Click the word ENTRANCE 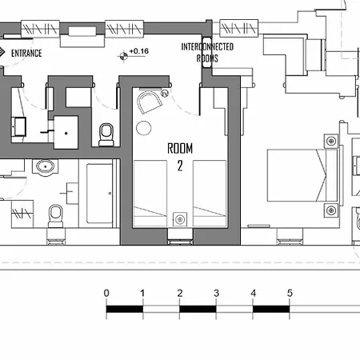(26, 54)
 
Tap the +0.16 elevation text (139, 51)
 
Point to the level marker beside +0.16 (123, 56)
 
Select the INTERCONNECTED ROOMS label (207, 53)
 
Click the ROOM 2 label (180, 157)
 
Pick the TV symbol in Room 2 (165, 94)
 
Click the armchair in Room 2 (149, 102)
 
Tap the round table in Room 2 (144, 128)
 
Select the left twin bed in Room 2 (150, 193)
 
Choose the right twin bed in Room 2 (210, 193)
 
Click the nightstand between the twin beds (180, 219)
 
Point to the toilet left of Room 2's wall (106, 134)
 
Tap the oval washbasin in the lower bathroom (45, 167)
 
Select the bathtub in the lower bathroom (99, 194)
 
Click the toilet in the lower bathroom (56, 216)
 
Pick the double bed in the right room (302, 175)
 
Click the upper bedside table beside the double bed (331, 141)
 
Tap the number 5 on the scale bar (290, 293)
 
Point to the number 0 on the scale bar (106, 293)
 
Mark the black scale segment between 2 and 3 (198, 309)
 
